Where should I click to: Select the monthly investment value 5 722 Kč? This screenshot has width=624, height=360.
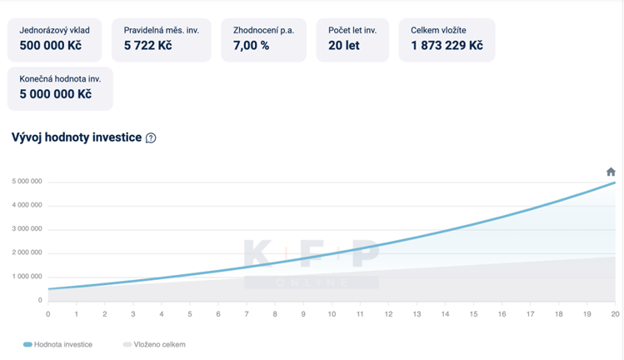point(147,46)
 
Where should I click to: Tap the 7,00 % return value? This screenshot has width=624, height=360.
point(251,46)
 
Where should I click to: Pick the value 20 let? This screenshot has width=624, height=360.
point(343,46)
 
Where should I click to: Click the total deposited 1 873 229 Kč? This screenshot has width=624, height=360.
point(447,46)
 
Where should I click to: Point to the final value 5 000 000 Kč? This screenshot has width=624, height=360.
point(55,94)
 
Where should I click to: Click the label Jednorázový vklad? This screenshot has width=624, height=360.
point(55,31)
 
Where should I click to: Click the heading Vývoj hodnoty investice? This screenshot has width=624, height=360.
point(76,137)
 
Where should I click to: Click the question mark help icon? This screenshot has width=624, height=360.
point(151,138)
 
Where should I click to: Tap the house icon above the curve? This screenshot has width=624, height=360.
point(611,172)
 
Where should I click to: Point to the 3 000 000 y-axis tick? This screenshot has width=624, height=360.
point(27,229)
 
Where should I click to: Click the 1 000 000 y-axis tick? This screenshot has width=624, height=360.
point(27,277)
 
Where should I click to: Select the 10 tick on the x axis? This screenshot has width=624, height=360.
point(332,314)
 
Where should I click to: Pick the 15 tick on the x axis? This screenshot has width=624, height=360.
point(473,314)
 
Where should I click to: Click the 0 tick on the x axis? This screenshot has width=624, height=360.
point(48,314)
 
